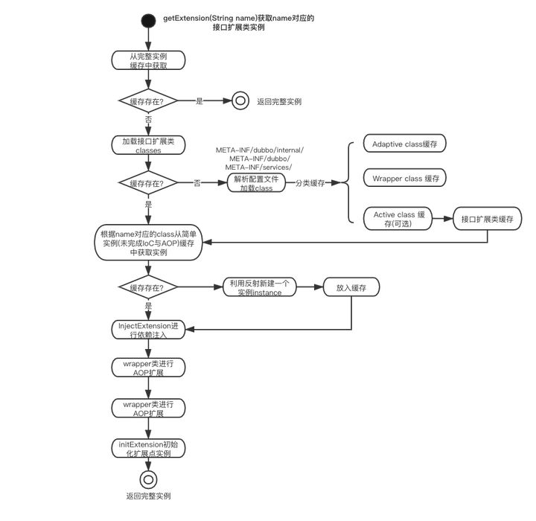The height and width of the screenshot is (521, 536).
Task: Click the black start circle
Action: (149, 18)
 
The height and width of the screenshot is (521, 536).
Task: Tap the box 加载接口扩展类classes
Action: (148, 145)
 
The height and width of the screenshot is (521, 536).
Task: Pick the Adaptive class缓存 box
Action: (404, 143)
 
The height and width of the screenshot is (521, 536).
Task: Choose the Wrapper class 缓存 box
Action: (404, 179)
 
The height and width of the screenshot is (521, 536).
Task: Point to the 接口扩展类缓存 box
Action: (488, 220)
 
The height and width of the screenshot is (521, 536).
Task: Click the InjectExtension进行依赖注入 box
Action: (148, 330)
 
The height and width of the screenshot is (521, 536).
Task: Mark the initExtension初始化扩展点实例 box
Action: (148, 448)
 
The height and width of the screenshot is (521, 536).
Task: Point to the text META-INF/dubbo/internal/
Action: (260, 150)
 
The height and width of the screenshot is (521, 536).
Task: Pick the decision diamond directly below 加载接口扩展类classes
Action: (148, 183)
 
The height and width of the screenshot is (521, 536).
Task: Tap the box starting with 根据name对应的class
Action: (148, 243)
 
